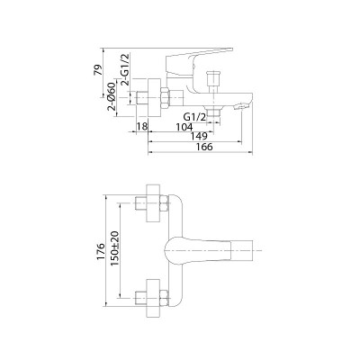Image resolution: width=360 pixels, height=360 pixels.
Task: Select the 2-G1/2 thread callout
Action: [125, 69]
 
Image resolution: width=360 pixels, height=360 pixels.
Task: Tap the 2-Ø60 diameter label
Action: [112, 96]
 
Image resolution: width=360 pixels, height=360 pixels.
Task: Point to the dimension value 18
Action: [142, 127]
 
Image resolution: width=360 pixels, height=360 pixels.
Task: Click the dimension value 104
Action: [184, 127]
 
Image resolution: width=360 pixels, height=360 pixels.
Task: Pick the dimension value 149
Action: [199, 136]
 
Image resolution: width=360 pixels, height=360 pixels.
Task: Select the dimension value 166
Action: [204, 147]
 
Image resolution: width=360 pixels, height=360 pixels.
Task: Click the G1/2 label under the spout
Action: [195, 117]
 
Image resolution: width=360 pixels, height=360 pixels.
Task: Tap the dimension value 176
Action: [101, 251]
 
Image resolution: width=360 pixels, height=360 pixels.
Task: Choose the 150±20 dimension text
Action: [114, 248]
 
